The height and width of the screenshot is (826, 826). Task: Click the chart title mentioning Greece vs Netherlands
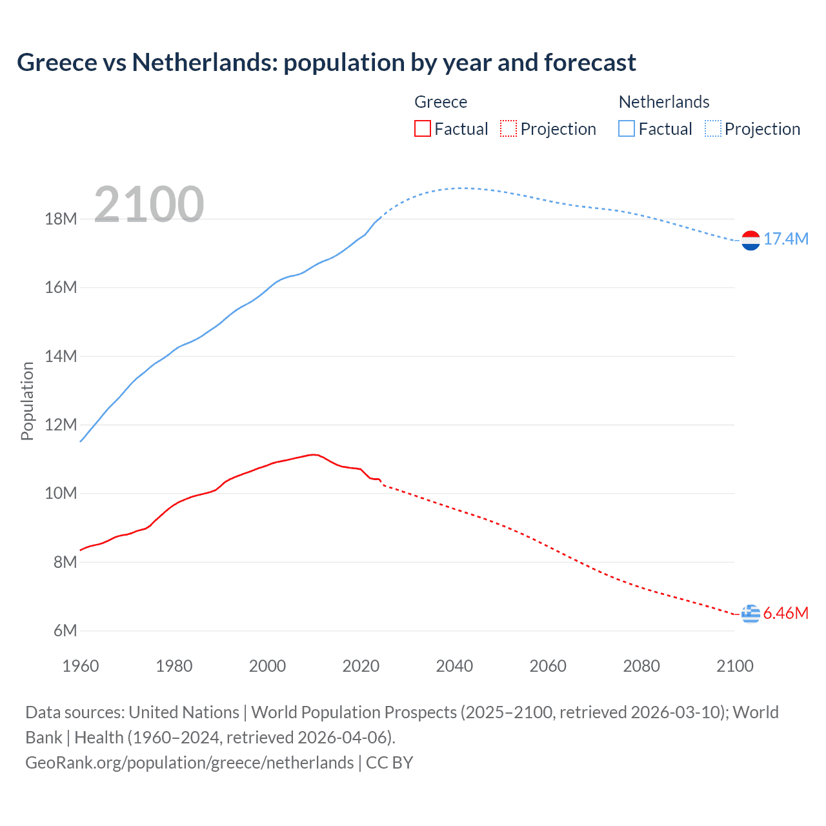(326, 63)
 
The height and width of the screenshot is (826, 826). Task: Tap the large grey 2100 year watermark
(149, 205)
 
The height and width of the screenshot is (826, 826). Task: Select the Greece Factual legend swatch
(422, 128)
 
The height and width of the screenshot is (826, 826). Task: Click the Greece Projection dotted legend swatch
(509, 128)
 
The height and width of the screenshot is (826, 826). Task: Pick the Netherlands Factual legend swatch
(627, 128)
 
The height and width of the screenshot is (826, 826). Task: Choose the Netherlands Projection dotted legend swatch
(712, 128)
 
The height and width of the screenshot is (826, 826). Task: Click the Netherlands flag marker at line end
(750, 240)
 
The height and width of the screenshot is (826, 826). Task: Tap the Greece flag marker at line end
(750, 614)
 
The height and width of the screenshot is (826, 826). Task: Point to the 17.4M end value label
(786, 239)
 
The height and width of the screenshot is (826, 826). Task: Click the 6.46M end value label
(786, 613)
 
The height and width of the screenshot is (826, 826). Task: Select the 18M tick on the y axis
(61, 219)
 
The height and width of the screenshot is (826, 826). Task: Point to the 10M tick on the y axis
(61, 494)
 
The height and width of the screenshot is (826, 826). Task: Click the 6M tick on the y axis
(65, 630)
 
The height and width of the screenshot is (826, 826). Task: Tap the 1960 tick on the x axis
(81, 666)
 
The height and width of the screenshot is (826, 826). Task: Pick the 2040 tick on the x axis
(454, 666)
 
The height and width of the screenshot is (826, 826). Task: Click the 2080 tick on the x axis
(641, 666)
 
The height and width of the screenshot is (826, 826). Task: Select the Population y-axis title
(27, 401)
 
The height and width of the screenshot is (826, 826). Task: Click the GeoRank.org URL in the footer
(189, 763)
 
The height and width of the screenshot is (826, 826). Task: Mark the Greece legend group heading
(441, 102)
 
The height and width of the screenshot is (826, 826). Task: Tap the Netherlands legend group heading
(664, 102)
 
